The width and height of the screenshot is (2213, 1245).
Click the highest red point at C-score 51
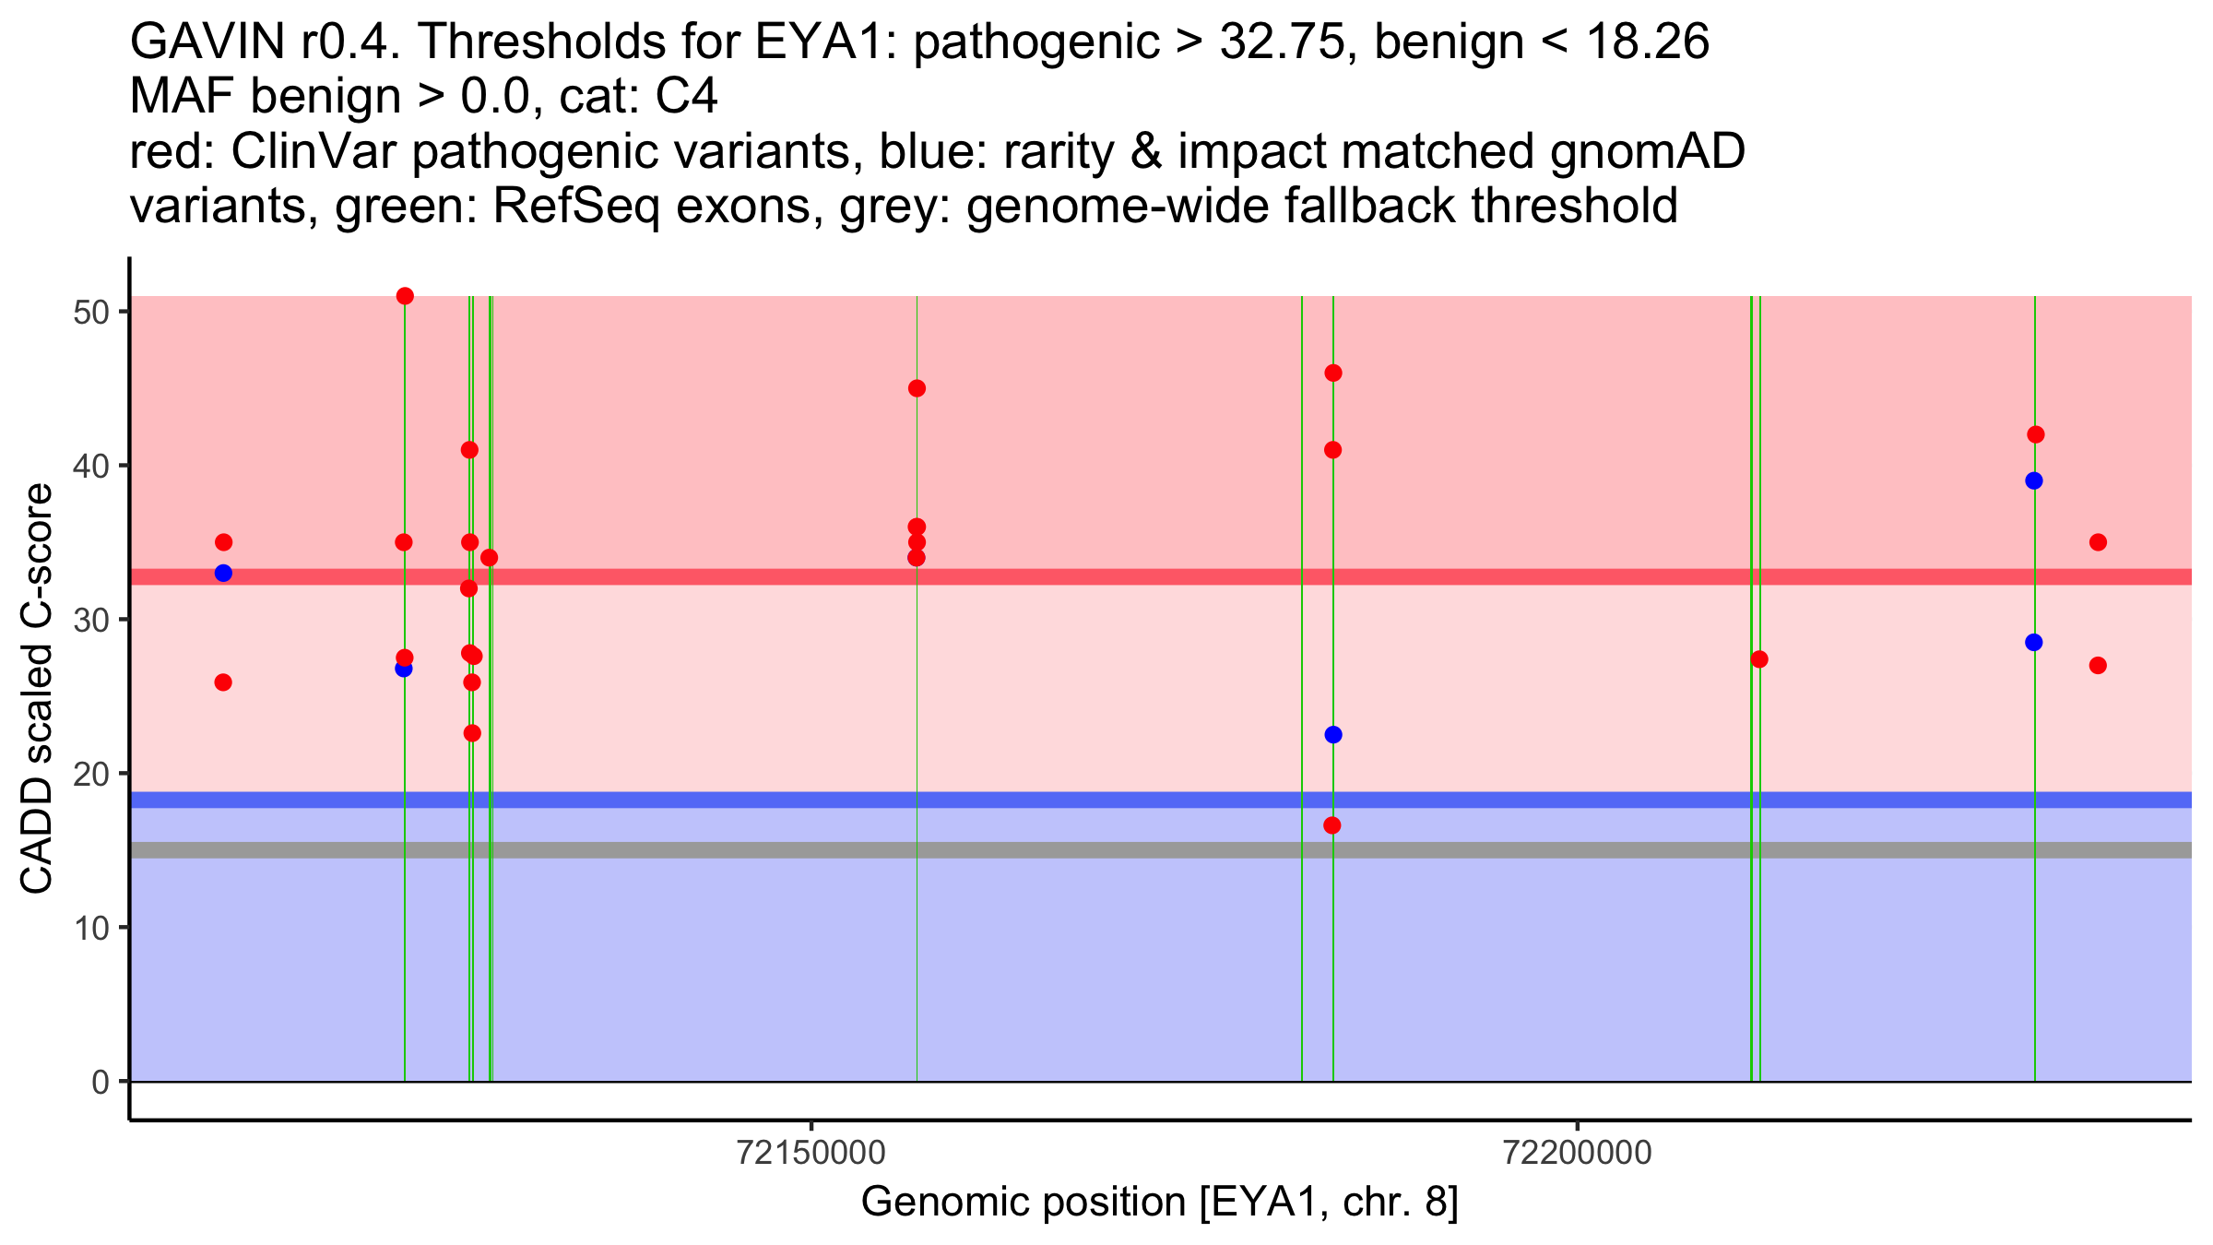pos(405,296)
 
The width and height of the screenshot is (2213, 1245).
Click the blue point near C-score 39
pos(2034,480)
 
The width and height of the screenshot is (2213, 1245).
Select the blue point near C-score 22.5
pos(1333,735)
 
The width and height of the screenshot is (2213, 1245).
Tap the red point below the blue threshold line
pos(1332,825)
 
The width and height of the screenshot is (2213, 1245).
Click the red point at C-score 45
pos(917,388)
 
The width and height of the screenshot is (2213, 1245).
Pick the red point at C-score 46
pos(1333,373)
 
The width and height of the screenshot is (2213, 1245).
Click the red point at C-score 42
pos(2036,434)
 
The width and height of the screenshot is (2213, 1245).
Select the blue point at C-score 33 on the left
pos(223,573)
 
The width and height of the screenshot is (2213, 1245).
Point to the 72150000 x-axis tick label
pos(811,1153)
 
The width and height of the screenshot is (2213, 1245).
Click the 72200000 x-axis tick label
pos(1578,1153)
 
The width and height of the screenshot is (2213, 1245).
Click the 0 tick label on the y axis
pos(101,1082)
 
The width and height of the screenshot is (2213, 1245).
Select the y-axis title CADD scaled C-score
pos(37,689)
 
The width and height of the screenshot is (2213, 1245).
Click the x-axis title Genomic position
pos(1160,1203)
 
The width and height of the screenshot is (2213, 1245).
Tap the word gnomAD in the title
pos(1647,151)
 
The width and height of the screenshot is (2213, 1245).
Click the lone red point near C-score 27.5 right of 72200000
pos(1759,659)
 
